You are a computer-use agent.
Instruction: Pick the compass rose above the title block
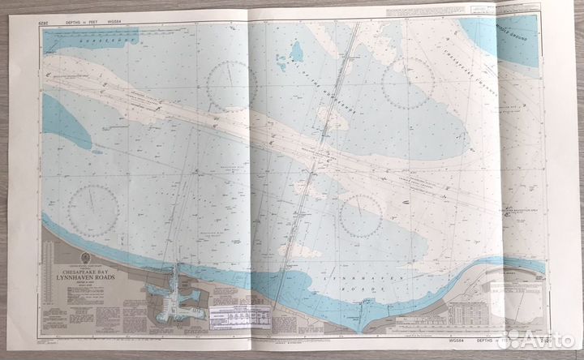coord(93,210)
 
